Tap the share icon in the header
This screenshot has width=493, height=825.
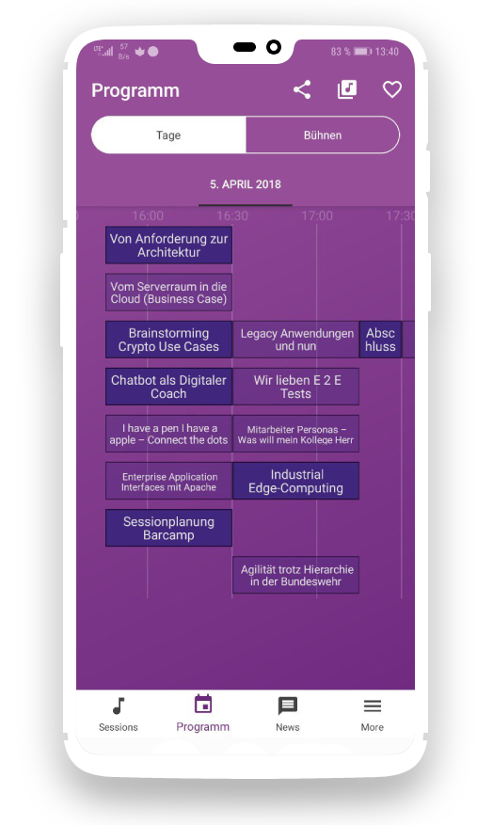[302, 90]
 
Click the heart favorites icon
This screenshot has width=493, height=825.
[392, 89]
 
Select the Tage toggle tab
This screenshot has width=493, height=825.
[168, 135]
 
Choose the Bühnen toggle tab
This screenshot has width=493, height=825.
[323, 135]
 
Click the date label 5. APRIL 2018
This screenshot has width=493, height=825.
[246, 184]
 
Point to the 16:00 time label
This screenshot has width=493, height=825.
[148, 215]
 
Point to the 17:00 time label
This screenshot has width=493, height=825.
[317, 215]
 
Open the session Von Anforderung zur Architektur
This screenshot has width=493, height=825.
[169, 246]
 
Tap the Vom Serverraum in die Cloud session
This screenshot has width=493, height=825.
[169, 293]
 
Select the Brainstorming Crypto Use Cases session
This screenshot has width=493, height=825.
[169, 340]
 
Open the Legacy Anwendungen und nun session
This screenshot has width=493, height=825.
[296, 340]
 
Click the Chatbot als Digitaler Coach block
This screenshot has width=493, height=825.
[169, 387]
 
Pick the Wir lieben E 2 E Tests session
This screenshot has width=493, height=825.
[296, 387]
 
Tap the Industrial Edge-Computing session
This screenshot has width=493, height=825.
[296, 481]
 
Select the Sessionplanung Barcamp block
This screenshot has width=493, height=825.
[169, 528]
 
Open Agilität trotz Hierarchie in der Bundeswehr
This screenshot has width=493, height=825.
[296, 575]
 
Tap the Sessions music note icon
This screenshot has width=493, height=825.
[119, 706]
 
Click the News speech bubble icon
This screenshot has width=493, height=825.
[288, 706]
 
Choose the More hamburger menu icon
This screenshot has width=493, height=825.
[372, 706]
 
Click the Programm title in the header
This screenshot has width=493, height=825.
[135, 90]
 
